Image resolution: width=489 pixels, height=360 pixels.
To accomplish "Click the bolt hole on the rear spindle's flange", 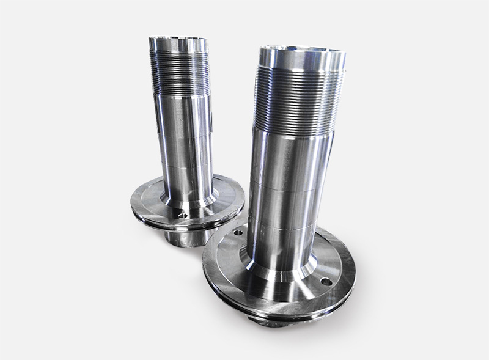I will [x=182, y=215].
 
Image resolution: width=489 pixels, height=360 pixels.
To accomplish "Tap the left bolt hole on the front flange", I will [x=238, y=233].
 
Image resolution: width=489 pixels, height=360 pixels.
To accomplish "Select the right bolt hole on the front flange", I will [x=326, y=282].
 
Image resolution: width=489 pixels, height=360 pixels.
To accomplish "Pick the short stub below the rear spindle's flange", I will [x=183, y=237].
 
